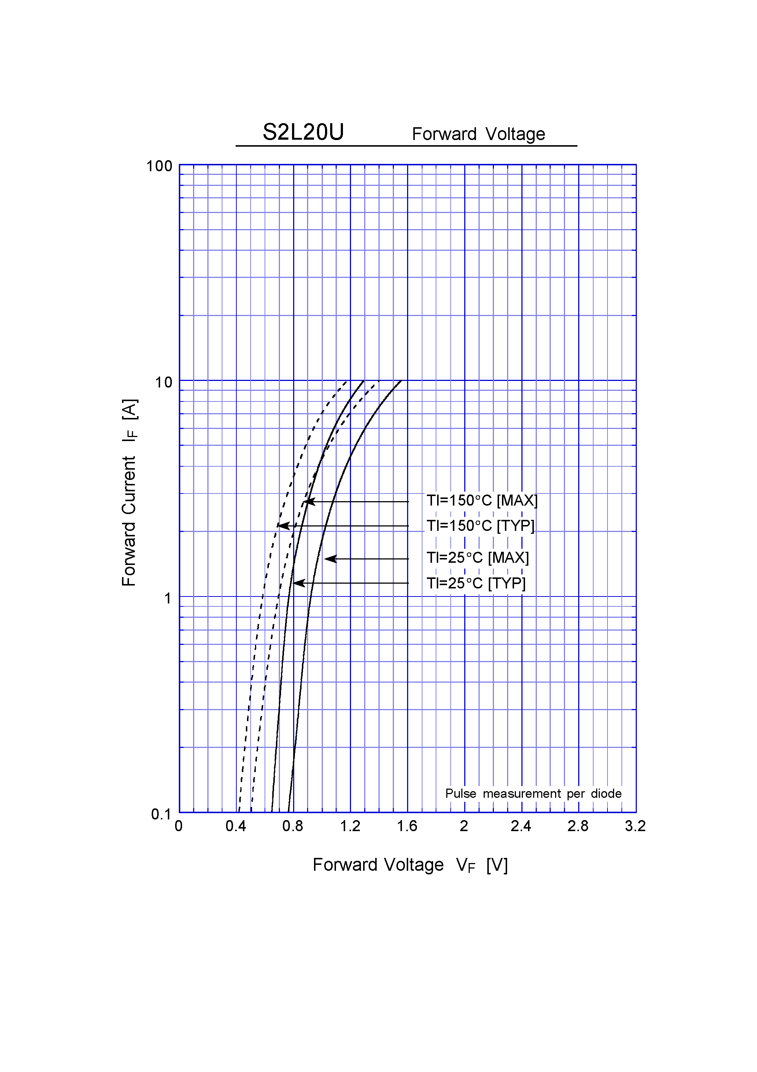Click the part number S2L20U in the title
tap(303, 132)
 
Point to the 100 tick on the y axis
tap(159, 166)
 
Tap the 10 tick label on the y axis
tap(163, 383)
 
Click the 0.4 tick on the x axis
tap(236, 826)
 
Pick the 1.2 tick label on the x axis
tap(350, 826)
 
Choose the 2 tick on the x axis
tap(464, 826)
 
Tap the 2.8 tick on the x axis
tap(578, 826)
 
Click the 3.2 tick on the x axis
tap(635, 826)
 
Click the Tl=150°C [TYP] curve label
tap(481, 526)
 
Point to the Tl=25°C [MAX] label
tap(477, 558)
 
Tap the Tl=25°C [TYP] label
tap(476, 583)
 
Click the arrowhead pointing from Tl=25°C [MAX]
tap(329, 559)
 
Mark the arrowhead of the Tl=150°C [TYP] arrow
tap(283, 526)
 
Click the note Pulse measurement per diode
tap(533, 794)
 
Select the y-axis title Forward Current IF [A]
tap(129, 493)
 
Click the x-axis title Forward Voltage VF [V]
tap(410, 865)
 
